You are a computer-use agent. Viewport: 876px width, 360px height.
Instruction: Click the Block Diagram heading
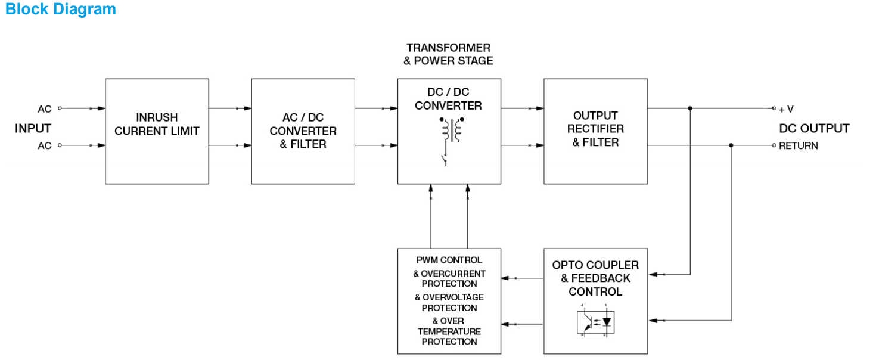click(x=60, y=10)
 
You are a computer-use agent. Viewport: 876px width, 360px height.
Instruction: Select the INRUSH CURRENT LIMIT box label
click(x=157, y=124)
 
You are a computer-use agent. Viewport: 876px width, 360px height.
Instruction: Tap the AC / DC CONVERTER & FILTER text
click(x=303, y=131)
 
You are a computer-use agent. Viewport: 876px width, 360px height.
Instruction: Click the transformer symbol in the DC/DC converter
click(x=453, y=129)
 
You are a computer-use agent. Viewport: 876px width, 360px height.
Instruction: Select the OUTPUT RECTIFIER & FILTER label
click(x=595, y=129)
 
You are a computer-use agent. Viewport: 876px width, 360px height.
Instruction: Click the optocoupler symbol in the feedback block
click(x=595, y=322)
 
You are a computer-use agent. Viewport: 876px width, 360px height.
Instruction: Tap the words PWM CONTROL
click(x=449, y=260)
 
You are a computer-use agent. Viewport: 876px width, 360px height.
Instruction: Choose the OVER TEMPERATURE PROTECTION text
click(x=449, y=331)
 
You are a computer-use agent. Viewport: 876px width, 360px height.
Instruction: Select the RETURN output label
click(x=798, y=145)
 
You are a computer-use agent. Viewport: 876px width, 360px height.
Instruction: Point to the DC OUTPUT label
click(x=814, y=129)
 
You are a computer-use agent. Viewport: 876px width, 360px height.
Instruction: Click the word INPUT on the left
click(x=33, y=128)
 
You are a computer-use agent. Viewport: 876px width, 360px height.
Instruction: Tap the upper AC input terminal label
click(x=45, y=109)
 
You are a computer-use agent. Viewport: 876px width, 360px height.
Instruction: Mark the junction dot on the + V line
click(x=690, y=108)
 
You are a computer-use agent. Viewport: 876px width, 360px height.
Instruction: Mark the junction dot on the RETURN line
click(x=731, y=145)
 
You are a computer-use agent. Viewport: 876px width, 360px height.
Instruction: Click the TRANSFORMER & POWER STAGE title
click(x=449, y=54)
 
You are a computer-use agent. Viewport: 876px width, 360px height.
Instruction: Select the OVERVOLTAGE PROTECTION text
click(x=449, y=302)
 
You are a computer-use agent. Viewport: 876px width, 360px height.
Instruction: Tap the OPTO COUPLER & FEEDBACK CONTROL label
click(x=595, y=278)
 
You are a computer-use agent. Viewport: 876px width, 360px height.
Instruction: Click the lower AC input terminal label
click(x=45, y=145)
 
